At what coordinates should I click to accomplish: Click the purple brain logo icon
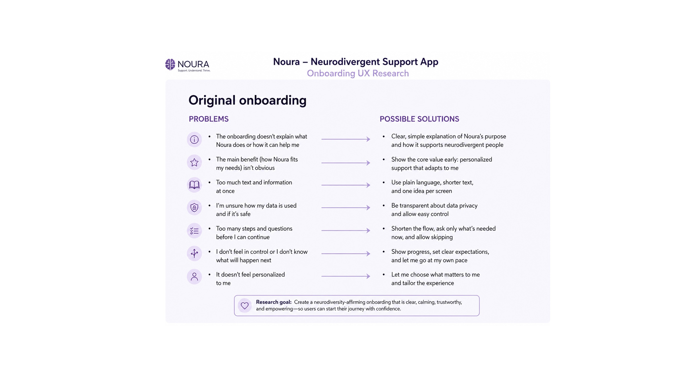(x=170, y=64)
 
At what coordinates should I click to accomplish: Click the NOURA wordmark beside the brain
(x=194, y=64)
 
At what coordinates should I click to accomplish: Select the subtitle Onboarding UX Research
(x=358, y=73)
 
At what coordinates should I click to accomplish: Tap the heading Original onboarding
(x=247, y=100)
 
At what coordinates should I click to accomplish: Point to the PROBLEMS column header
(x=208, y=119)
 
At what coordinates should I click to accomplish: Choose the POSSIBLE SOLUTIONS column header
(x=419, y=119)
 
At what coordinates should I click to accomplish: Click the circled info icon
(x=194, y=140)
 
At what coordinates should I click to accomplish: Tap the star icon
(x=194, y=162)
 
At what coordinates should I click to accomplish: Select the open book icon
(x=194, y=185)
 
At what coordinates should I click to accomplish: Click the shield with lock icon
(x=194, y=208)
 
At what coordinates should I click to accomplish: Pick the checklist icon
(x=194, y=231)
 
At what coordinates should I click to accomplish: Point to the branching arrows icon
(x=194, y=253)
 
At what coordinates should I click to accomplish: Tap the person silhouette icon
(x=194, y=277)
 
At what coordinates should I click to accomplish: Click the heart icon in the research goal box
(x=245, y=306)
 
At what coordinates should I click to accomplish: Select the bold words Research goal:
(x=274, y=302)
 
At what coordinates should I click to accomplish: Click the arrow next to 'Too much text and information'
(x=346, y=185)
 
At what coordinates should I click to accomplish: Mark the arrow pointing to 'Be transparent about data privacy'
(x=346, y=208)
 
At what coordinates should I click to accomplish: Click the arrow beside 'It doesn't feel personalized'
(x=346, y=276)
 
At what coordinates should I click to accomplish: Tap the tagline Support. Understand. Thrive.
(x=194, y=71)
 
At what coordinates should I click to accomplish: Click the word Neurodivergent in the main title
(x=345, y=62)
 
